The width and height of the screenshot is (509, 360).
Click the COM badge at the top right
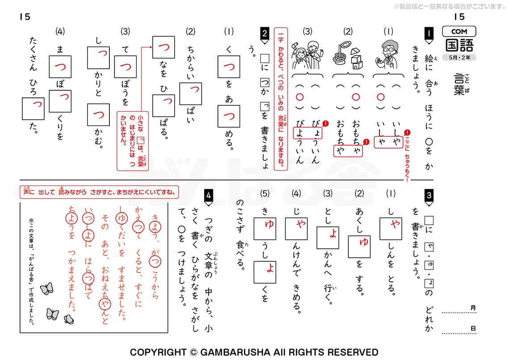(x=459, y=31)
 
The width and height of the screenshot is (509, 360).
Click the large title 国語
(x=459, y=46)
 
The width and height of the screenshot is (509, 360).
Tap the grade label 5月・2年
(x=459, y=58)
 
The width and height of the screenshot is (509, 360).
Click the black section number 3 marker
(x=428, y=195)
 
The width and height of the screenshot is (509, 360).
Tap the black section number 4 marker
(x=208, y=195)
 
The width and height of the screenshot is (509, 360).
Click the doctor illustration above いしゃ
(x=387, y=54)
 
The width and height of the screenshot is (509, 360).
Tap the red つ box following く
(x=229, y=68)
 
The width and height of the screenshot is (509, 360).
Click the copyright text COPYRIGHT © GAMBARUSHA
(x=254, y=352)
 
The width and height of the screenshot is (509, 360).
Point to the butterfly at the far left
(x=46, y=289)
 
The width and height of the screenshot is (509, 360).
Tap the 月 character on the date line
(x=473, y=308)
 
